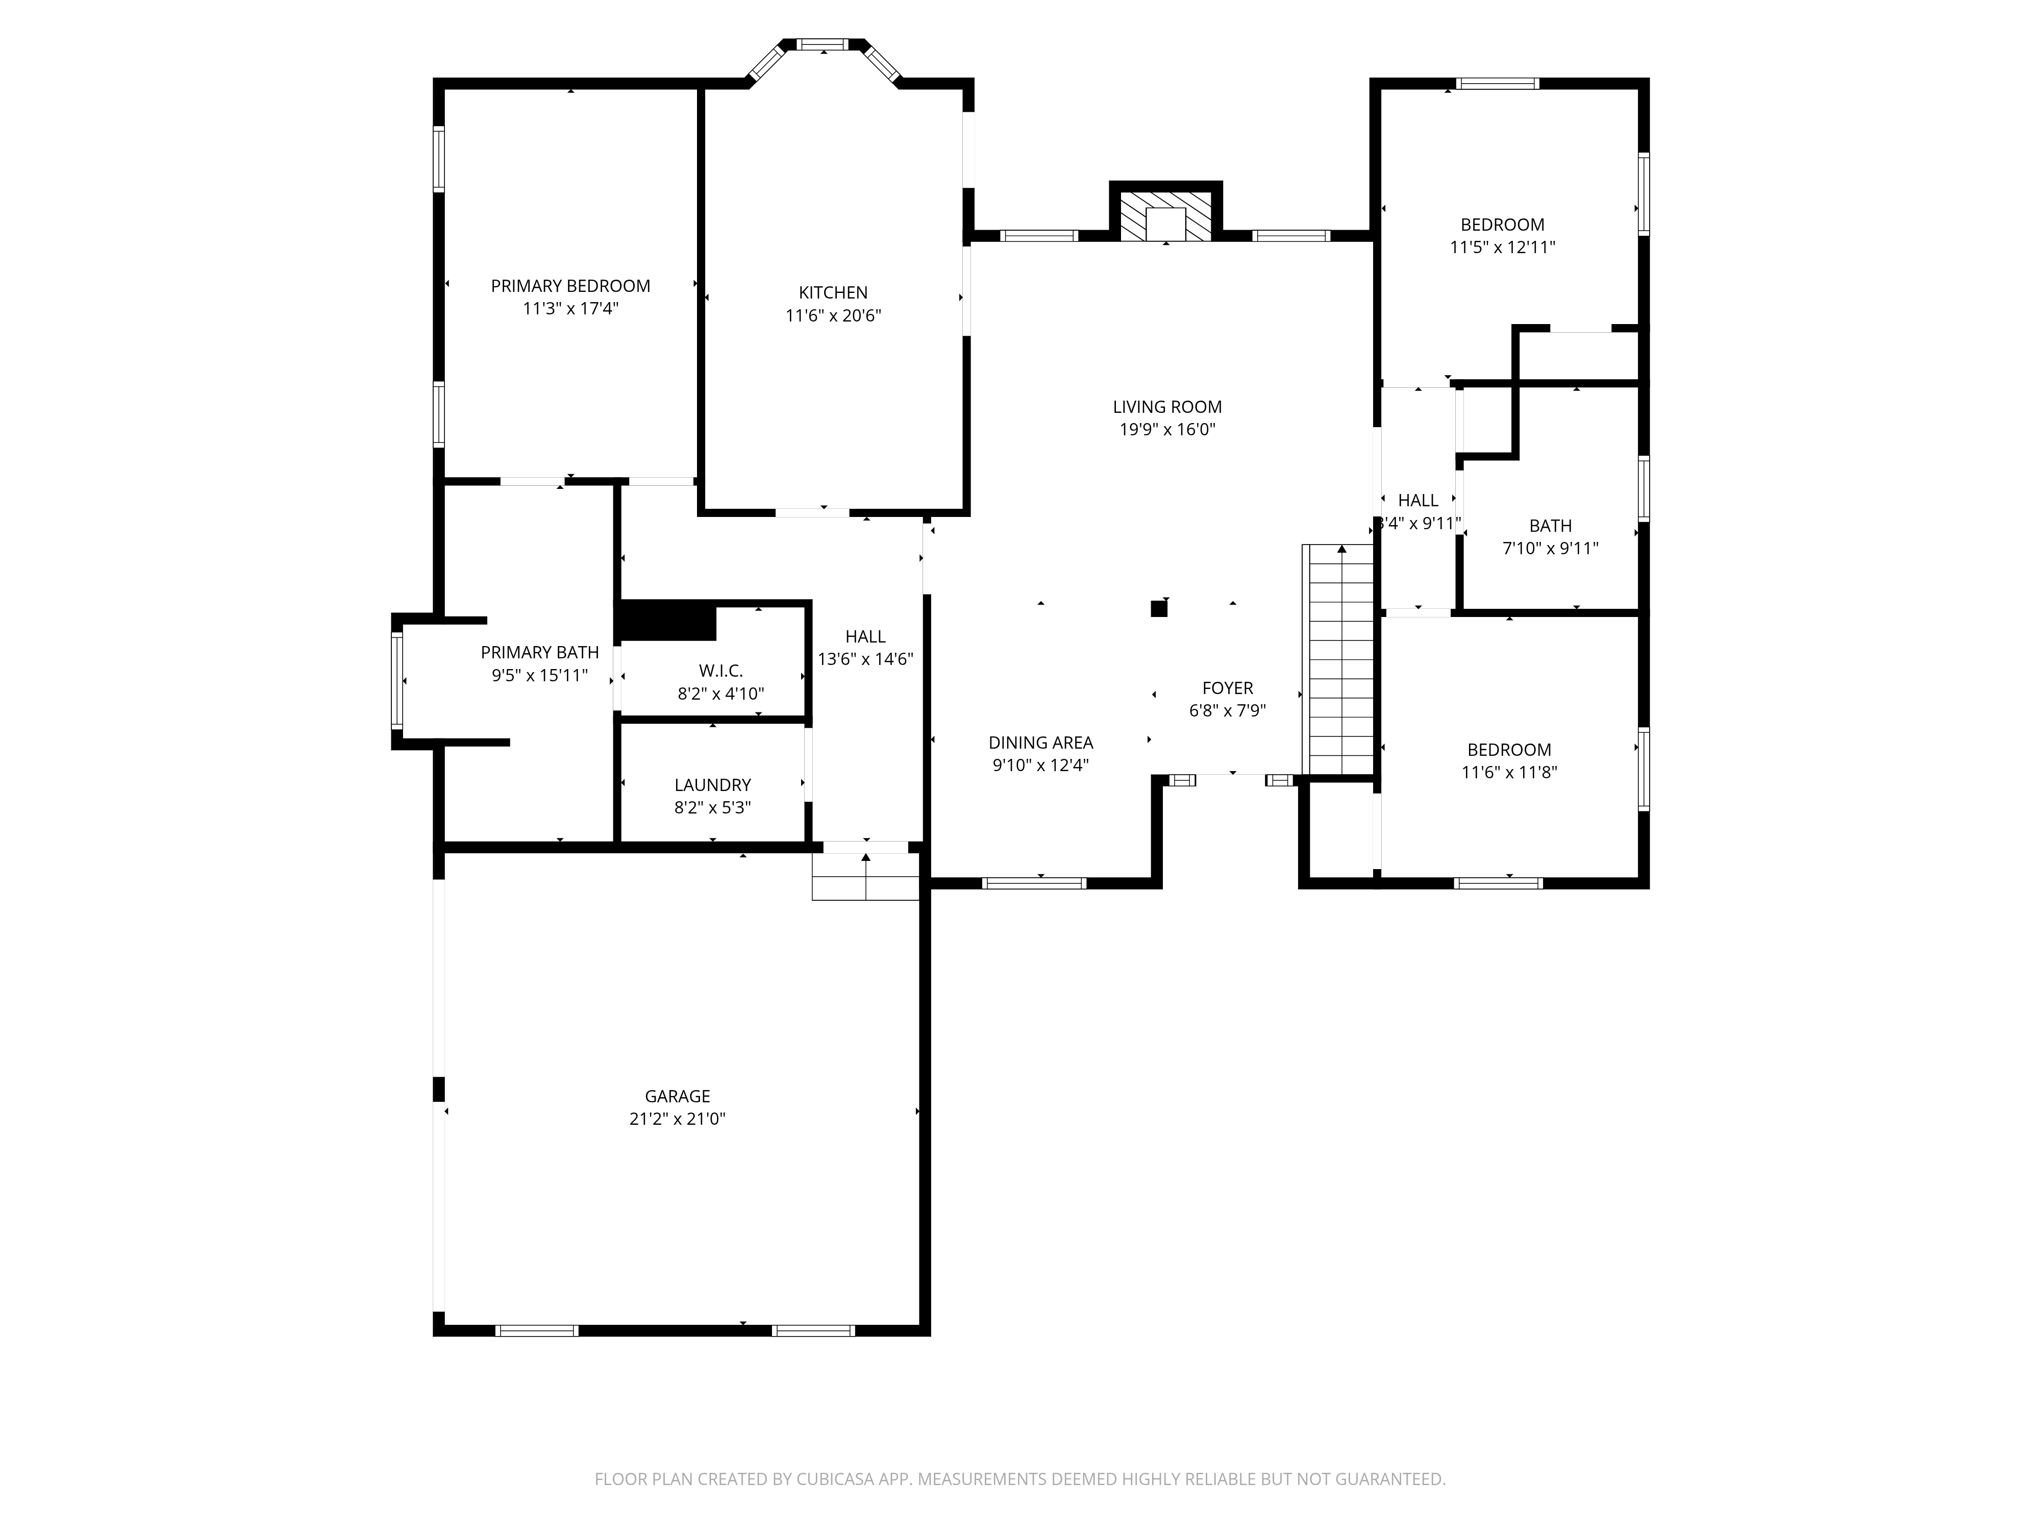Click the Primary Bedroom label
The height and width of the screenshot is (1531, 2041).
point(570,286)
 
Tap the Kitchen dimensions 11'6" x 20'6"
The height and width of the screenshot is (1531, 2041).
point(833,315)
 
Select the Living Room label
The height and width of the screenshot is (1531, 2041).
point(1167,407)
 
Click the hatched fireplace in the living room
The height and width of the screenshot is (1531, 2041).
point(1165,216)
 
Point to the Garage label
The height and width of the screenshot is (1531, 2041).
point(677,1096)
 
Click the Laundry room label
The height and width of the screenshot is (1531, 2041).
point(712,785)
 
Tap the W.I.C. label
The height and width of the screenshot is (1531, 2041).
point(720,671)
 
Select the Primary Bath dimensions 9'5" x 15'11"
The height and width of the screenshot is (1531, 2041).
point(540,676)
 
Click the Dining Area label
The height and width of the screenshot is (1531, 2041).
point(1041,743)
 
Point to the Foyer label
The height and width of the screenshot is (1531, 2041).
point(1227,688)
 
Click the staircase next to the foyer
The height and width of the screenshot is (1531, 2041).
point(1338,660)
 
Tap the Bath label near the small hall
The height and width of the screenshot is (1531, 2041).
point(1550,526)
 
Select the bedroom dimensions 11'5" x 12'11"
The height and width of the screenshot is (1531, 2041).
point(1502,248)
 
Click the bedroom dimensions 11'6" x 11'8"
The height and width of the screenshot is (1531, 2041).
point(1509,773)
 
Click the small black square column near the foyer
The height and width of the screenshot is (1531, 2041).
point(1159,608)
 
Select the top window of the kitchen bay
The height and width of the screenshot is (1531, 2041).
point(822,43)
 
